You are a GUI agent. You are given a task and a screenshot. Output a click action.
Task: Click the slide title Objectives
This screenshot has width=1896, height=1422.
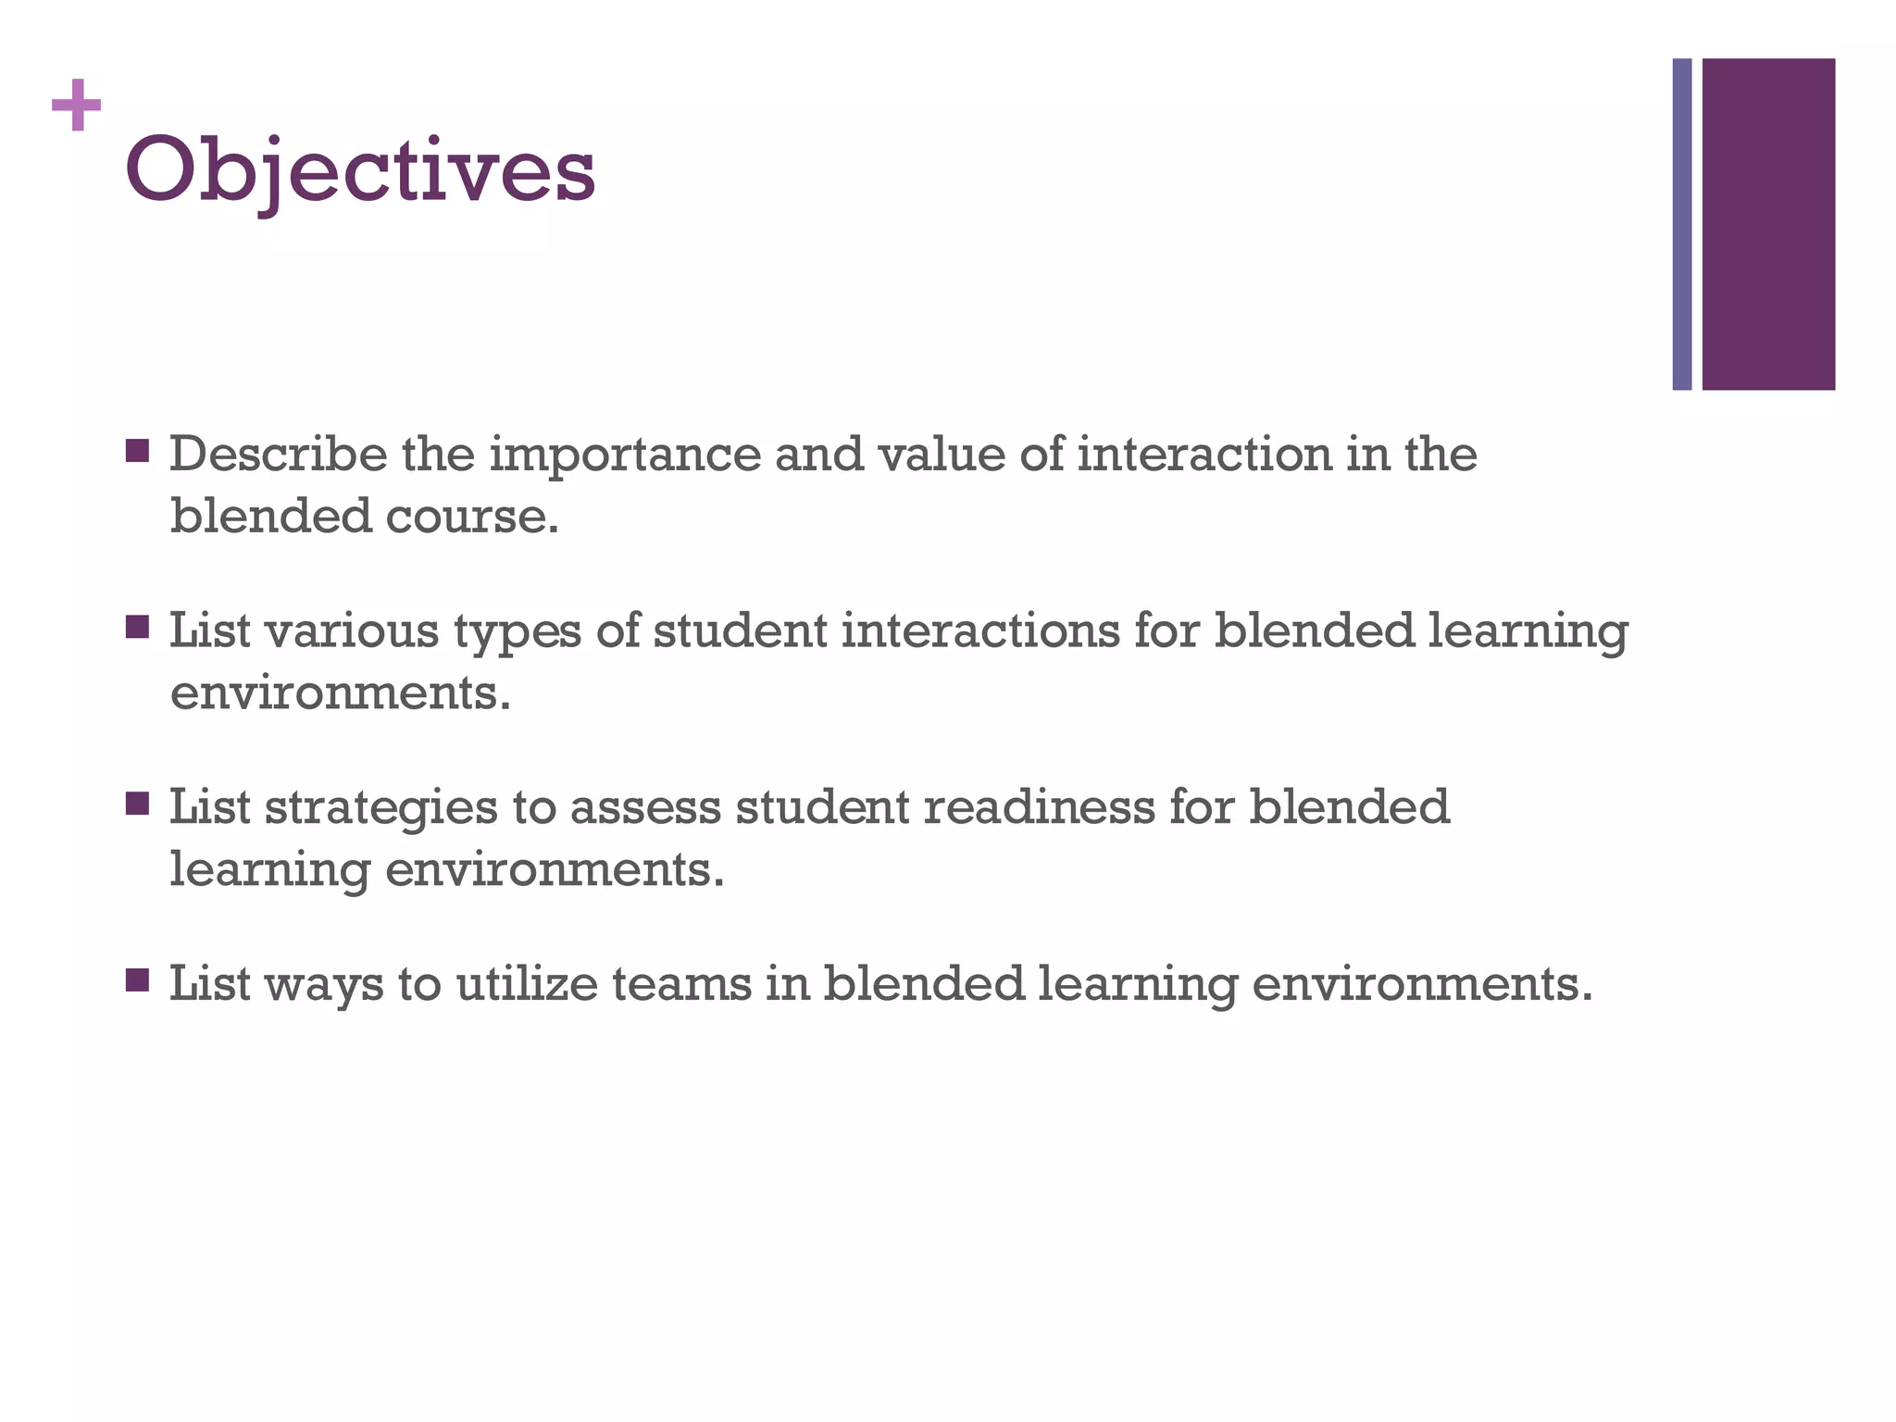(x=359, y=171)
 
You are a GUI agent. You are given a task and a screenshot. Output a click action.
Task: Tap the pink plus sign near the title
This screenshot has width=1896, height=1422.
(x=77, y=106)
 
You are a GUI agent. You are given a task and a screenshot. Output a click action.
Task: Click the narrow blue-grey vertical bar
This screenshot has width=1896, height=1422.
(x=1681, y=224)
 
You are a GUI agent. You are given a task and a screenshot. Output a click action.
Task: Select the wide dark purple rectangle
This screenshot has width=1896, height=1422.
(x=1768, y=224)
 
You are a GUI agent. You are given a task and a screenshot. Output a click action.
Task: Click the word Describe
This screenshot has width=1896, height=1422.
(x=278, y=454)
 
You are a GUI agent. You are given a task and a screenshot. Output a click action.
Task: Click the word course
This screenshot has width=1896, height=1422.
(x=472, y=517)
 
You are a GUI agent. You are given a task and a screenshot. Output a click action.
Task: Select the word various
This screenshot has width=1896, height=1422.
(x=352, y=630)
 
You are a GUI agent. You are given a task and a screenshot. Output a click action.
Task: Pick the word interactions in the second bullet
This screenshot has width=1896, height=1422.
(x=980, y=630)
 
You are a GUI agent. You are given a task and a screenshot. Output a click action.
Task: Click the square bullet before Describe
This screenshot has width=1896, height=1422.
(x=137, y=451)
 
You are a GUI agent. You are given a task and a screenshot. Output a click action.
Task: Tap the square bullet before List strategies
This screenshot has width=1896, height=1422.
(x=137, y=804)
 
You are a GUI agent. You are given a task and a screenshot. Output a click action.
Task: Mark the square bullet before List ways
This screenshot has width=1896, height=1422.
(x=137, y=979)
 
